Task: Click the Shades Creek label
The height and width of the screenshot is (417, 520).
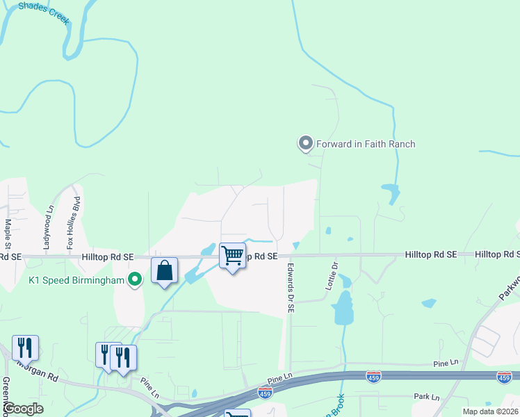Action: click(x=44, y=13)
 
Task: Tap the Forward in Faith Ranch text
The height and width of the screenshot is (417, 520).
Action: click(x=366, y=145)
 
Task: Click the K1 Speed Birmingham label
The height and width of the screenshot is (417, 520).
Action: click(x=77, y=280)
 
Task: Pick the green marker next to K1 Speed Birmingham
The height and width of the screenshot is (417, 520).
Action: click(x=136, y=280)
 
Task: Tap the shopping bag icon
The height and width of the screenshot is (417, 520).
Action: click(x=164, y=270)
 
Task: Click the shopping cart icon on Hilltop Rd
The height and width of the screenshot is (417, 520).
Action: click(x=233, y=256)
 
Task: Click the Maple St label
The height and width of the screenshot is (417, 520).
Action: click(x=8, y=234)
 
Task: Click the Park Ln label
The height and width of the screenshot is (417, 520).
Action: click(x=427, y=398)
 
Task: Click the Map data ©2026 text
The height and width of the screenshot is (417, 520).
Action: click(x=490, y=411)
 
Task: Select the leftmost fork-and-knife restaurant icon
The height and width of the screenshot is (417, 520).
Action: click(x=25, y=347)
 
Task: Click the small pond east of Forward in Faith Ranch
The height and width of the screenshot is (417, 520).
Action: click(x=391, y=192)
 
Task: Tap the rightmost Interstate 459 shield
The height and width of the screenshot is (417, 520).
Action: click(x=505, y=377)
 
